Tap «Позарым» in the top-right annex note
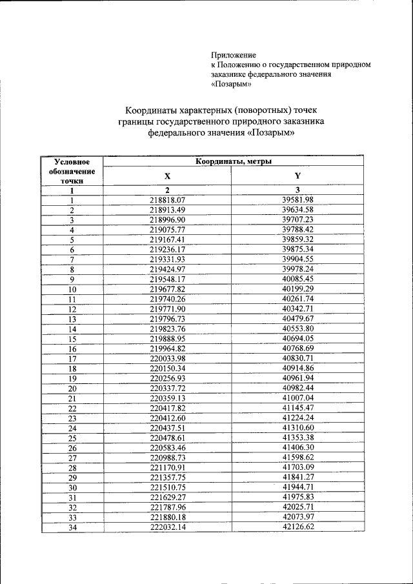[x=231, y=83]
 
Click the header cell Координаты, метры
[x=233, y=161]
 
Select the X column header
[x=167, y=176]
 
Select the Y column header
[x=297, y=176]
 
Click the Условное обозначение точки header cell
[x=72, y=171]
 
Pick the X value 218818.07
[x=167, y=200]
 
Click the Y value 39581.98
[x=297, y=200]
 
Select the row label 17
[x=72, y=359]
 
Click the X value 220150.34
[x=167, y=368]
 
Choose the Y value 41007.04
[x=297, y=398]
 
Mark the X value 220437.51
[x=167, y=428]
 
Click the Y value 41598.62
[x=297, y=457]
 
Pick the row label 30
[x=72, y=488]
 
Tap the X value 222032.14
[x=167, y=527]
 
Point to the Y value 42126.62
[x=297, y=527]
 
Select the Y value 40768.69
[x=297, y=348]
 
